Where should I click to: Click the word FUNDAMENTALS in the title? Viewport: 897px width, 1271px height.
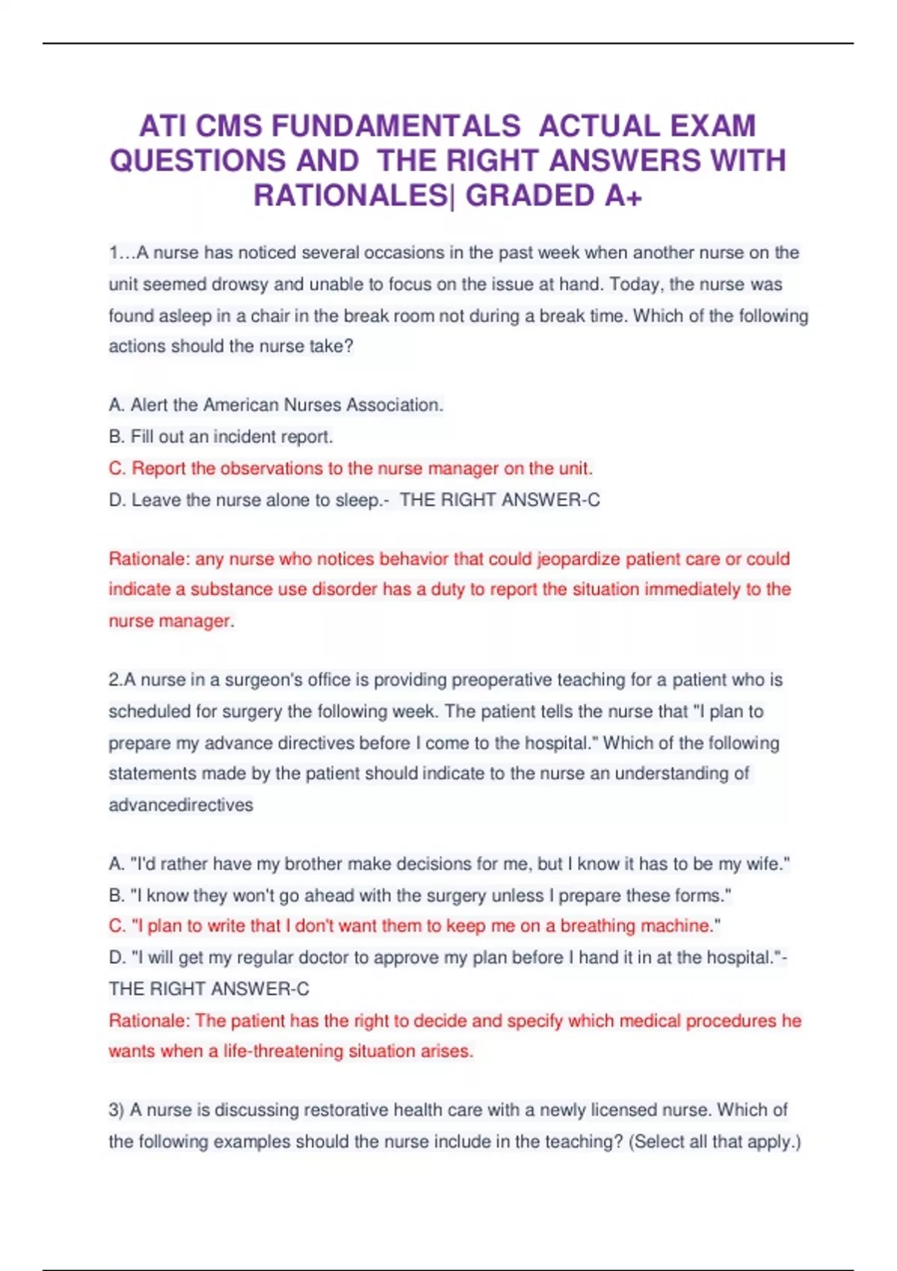395,126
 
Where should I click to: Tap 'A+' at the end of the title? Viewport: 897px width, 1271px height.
623,196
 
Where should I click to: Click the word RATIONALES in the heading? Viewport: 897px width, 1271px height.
350,196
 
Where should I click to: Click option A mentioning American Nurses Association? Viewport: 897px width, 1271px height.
276,405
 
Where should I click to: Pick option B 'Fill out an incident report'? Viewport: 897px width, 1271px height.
221,437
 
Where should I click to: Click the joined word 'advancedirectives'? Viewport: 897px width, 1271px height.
181,805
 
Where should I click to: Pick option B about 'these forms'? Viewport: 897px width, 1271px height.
419,896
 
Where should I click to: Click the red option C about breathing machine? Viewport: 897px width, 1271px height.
414,926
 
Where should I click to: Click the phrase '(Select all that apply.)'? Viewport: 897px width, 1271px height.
715,1142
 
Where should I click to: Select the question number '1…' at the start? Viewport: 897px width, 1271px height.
120,253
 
